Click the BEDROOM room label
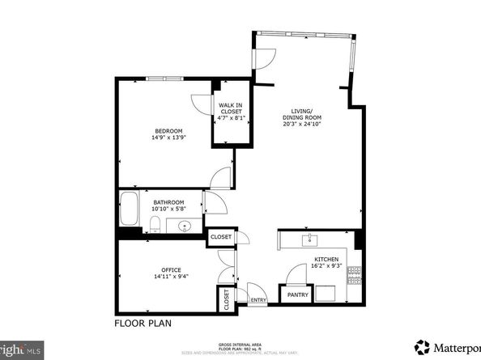(169, 131)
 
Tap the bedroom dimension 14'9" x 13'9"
(169, 138)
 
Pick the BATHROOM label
(168, 202)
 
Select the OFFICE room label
(170, 270)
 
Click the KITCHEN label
(326, 260)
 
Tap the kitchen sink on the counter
(309, 239)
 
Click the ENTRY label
(258, 300)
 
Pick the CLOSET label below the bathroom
(220, 237)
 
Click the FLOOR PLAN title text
(143, 322)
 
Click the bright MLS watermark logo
(21, 351)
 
